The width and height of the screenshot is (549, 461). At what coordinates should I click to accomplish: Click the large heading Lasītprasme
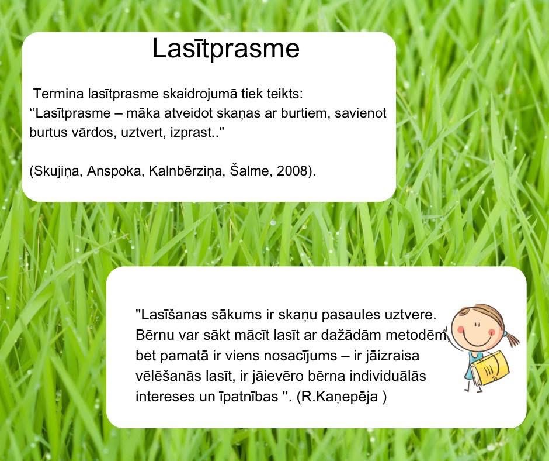tap(226, 49)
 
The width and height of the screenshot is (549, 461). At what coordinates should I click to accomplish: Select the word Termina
tap(58, 94)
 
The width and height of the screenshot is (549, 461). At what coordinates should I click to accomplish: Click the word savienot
tap(360, 113)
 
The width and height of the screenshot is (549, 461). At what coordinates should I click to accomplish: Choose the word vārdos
tap(94, 132)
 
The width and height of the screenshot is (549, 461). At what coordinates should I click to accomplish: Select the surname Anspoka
tap(116, 171)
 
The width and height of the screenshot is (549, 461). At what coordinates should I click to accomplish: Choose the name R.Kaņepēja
tap(340, 397)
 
